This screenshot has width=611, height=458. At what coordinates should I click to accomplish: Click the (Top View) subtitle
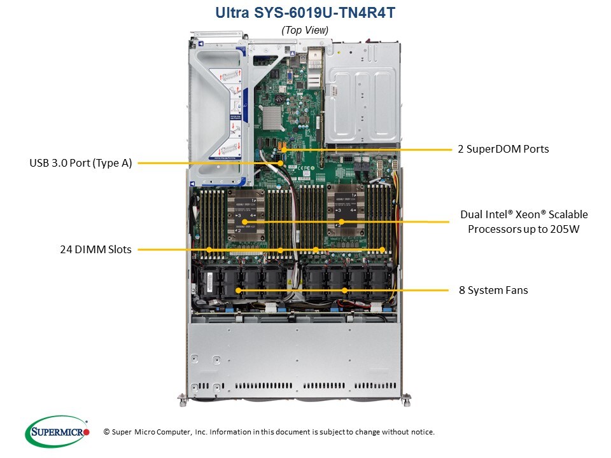[305, 30]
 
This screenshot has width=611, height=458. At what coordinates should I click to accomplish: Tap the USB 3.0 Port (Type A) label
[81, 163]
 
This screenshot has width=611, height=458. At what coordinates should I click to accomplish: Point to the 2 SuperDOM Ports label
[503, 149]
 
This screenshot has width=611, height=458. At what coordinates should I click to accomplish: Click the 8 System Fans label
[493, 290]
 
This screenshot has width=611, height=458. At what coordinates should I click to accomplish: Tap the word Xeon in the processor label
[521, 214]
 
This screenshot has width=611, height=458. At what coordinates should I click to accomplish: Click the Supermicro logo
[57, 431]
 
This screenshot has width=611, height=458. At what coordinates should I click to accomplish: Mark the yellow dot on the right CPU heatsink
[342, 222]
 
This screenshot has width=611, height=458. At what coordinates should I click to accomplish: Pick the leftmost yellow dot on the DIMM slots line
[209, 250]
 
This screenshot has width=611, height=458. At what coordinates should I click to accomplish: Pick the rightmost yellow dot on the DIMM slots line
[383, 250]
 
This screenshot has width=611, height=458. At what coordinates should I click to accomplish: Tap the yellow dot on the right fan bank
[344, 290]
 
